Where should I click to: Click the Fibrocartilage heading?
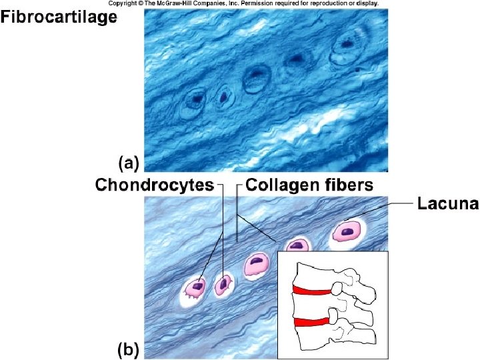59,18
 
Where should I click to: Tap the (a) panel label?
129,161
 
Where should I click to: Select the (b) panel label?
129,349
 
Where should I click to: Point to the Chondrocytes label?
155,185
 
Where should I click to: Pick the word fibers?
344,185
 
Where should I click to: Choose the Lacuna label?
447,204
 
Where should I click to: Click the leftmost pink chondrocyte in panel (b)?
196,288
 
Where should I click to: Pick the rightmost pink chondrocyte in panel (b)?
347,231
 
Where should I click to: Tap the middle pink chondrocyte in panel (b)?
256,265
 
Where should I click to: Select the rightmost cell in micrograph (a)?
347,45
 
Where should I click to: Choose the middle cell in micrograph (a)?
256,78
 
